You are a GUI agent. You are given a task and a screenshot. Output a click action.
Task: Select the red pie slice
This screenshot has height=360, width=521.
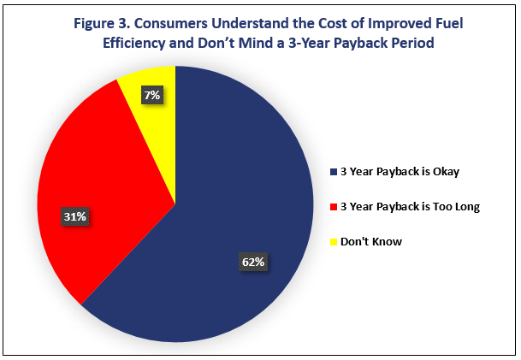tap(100, 186)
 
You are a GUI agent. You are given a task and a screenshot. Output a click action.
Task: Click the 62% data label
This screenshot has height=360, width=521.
tap(253, 262)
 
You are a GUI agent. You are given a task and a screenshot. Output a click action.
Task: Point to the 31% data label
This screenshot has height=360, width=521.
tap(75, 217)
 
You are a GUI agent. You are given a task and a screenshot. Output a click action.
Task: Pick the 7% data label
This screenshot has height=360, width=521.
tap(152, 95)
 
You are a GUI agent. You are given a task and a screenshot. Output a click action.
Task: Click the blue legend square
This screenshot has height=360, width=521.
tap(334, 172)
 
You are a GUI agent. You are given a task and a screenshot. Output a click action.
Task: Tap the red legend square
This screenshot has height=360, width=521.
tap(334, 207)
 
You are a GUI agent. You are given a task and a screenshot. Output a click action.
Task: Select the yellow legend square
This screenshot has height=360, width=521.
tap(334, 242)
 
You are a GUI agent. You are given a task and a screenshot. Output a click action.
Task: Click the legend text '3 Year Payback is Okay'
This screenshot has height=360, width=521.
tap(400, 172)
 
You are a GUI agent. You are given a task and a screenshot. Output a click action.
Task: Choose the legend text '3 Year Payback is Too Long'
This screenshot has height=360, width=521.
tap(410, 207)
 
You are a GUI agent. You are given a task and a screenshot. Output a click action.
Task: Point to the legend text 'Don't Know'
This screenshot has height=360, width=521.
tap(371, 242)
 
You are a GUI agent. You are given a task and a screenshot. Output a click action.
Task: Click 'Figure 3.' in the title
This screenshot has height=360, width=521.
tap(102, 24)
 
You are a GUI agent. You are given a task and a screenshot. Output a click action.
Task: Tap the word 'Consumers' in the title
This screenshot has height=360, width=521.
tap(171, 24)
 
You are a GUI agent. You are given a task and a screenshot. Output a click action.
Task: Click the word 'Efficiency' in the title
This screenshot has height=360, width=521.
tap(133, 44)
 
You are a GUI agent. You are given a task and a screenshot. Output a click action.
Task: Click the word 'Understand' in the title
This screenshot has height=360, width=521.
tap(250, 24)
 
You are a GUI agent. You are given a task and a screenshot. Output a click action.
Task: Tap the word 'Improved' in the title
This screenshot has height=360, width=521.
tap(398, 24)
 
